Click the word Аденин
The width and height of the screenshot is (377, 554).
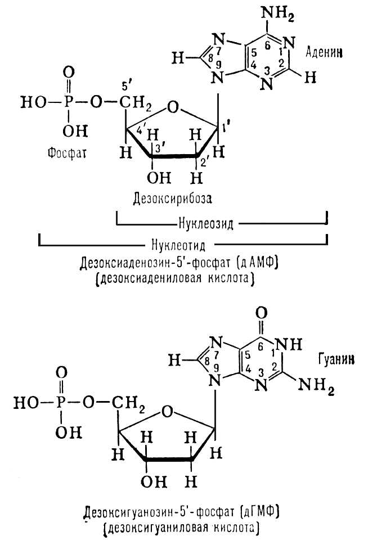click(324, 53)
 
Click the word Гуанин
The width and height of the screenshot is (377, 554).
click(336, 359)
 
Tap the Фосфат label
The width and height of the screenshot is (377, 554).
click(67, 153)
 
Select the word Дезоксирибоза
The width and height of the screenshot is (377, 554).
click(172, 199)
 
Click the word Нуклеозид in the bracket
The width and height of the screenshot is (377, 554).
click(205, 224)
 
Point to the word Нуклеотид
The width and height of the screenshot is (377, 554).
click(178, 245)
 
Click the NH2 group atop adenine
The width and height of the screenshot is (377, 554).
click(277, 15)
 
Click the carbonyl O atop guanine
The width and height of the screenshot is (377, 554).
click(261, 313)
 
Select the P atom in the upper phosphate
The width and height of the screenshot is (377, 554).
click(69, 102)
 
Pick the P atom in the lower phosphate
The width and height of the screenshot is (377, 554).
click(61, 403)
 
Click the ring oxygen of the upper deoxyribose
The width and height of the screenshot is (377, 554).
click(172, 107)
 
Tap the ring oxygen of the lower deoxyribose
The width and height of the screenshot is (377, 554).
click(168, 411)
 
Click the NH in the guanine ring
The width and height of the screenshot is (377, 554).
click(289, 344)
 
